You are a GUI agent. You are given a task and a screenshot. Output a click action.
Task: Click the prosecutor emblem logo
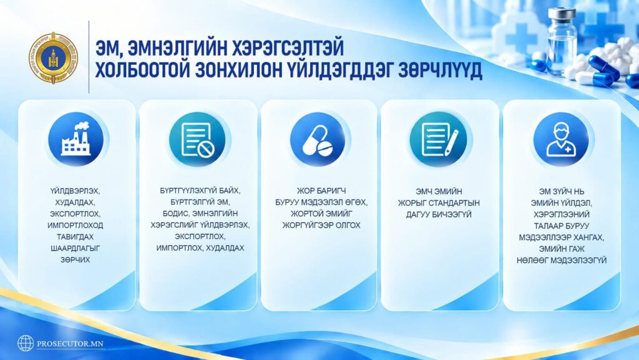click(x=54, y=58)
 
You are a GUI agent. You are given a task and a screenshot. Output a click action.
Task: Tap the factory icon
click(x=76, y=139)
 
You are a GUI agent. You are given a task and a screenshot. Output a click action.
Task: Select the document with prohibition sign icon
click(x=197, y=140)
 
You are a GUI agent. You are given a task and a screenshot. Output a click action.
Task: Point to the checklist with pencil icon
click(x=440, y=140)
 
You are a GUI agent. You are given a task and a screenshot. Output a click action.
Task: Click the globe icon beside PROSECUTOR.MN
click(x=25, y=343)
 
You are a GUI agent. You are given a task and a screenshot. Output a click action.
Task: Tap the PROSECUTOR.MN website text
click(x=71, y=344)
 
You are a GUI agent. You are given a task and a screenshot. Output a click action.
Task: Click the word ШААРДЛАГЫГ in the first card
click(x=76, y=248)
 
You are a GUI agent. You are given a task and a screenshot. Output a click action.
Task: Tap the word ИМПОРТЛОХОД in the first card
click(x=76, y=225)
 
